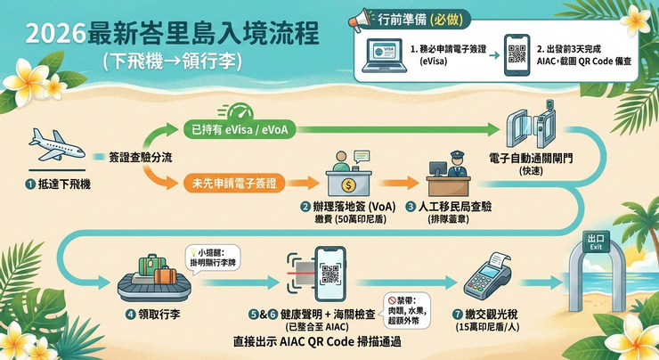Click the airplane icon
(x=58, y=146)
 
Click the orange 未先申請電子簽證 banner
(x=232, y=184)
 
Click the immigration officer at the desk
(x=448, y=174)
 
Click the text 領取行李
(x=160, y=315)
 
